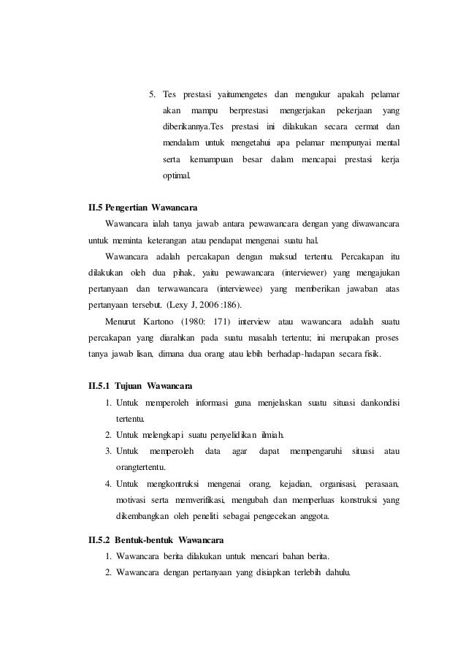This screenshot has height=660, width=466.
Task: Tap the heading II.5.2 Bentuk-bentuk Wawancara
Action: (156, 541)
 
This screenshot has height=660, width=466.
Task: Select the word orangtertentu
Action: (141, 467)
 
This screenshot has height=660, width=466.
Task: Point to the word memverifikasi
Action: (199, 500)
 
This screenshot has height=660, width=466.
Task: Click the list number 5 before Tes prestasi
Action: (152, 94)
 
